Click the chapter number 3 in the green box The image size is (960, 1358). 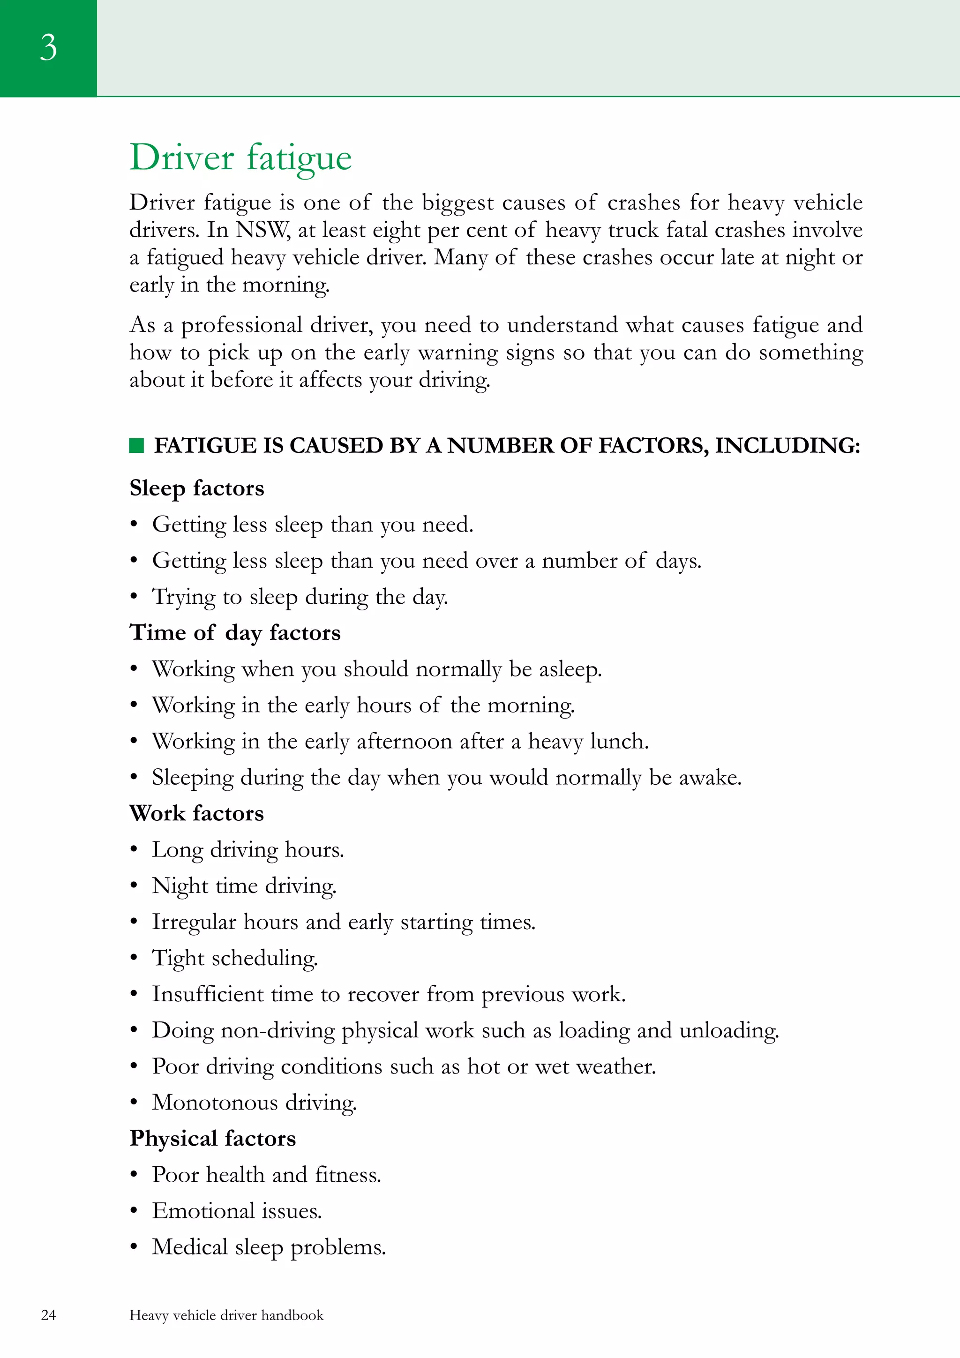click(48, 47)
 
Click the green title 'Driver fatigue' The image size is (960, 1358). click(241, 158)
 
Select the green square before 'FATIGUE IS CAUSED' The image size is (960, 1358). click(136, 445)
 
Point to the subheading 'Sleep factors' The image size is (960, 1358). click(197, 488)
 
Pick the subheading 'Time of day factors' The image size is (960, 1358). click(235, 633)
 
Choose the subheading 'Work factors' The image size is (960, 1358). click(196, 813)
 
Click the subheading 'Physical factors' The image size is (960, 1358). click(212, 1139)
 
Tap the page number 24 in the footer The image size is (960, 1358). click(48, 1315)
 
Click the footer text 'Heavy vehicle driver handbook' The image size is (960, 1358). click(226, 1315)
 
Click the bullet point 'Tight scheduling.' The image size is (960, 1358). click(235, 958)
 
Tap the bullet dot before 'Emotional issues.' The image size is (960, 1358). click(134, 1211)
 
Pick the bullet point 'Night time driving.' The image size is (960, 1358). click(244, 886)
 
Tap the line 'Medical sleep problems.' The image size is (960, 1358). click(269, 1247)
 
